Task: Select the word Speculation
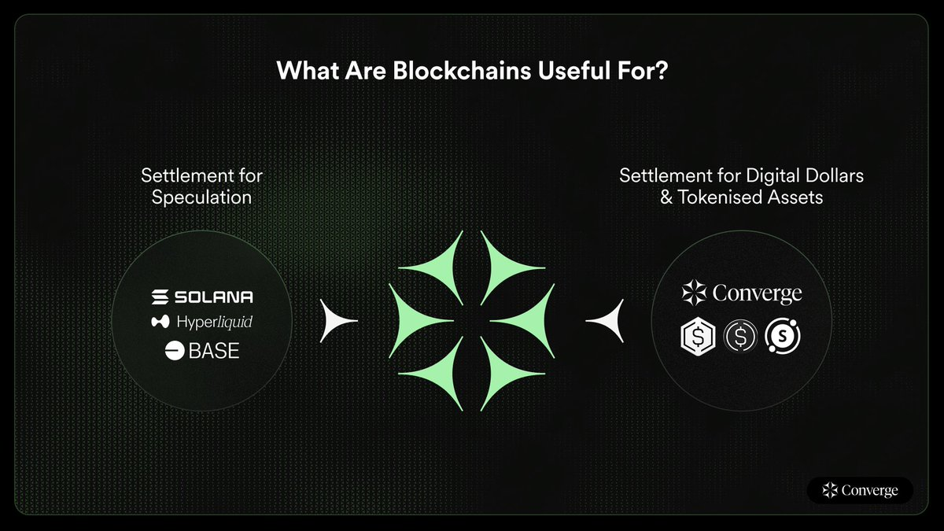coord(202,197)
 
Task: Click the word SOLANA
coord(213,297)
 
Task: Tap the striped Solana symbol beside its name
coord(160,297)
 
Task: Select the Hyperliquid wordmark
coord(215,322)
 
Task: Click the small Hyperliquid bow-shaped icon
coord(160,322)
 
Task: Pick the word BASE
coord(214,350)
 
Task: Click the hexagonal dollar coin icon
coord(697,336)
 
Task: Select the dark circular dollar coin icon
coord(739,336)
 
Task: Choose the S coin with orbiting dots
coord(784,336)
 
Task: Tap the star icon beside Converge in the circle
coord(694,293)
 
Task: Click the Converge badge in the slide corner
coord(860,490)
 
